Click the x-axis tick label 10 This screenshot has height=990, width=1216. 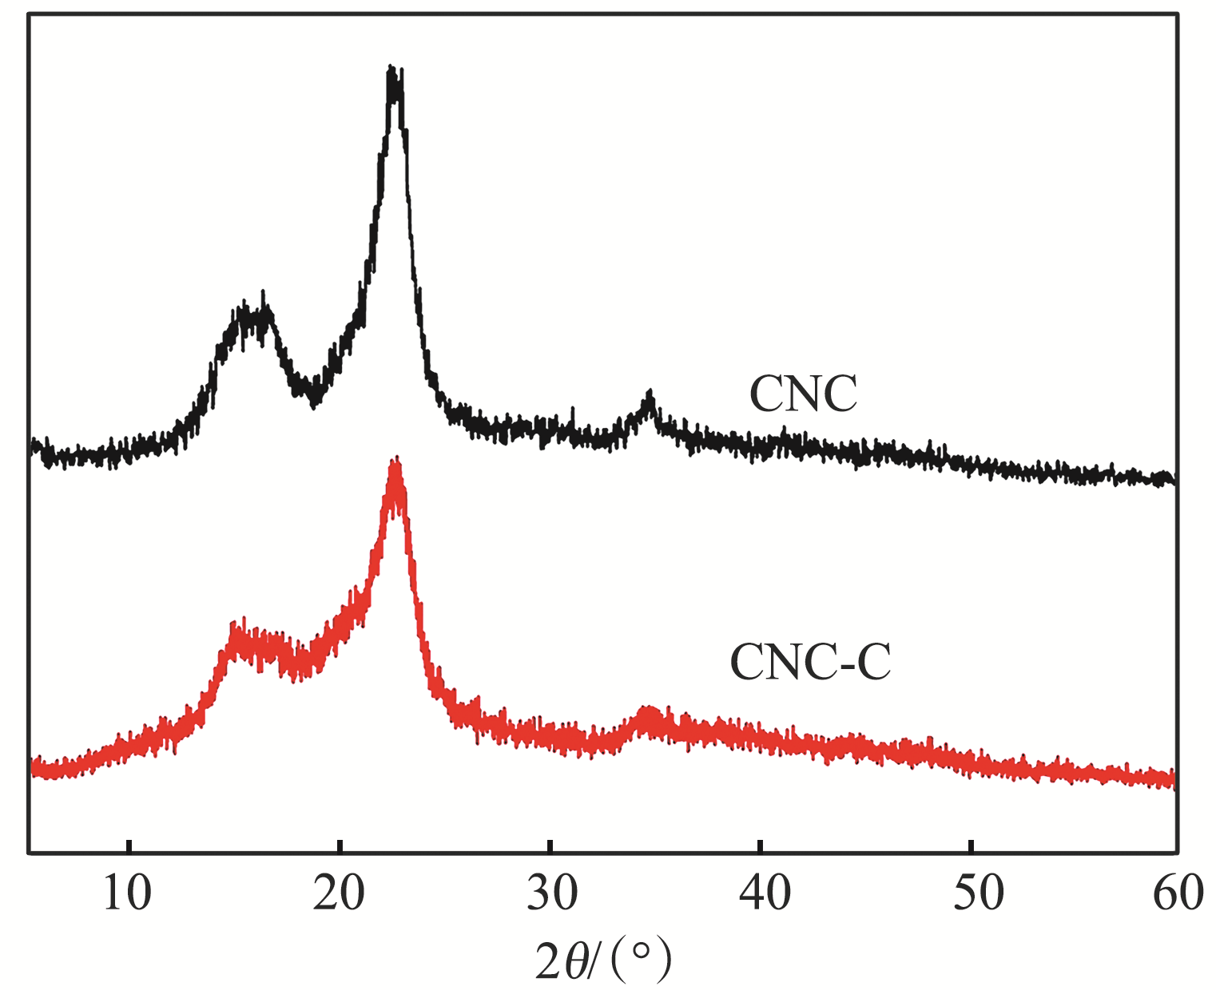pos(128,894)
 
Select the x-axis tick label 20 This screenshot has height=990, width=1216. pos(339,894)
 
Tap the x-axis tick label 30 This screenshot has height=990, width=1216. pos(551,894)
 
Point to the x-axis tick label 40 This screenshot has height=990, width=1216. pos(764,894)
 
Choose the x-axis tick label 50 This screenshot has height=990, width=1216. pos(976,894)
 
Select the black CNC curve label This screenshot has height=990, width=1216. pos(803,394)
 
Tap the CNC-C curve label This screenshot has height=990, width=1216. pos(810,662)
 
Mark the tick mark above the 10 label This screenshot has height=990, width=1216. pos(129,846)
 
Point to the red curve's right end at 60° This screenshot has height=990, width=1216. pos(1172,778)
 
